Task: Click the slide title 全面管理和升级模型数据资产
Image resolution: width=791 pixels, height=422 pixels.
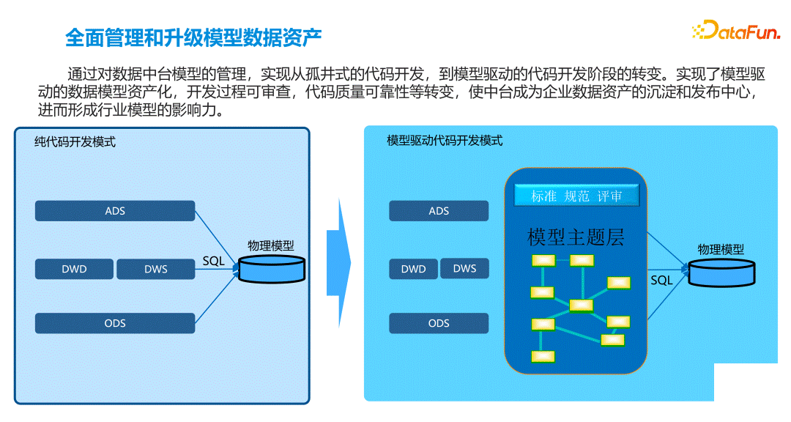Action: (x=193, y=37)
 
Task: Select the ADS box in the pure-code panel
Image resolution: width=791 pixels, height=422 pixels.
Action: (x=115, y=211)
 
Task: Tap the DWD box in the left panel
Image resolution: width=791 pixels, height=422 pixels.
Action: (x=74, y=269)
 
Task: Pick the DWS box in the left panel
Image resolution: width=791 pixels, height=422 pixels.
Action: (x=156, y=269)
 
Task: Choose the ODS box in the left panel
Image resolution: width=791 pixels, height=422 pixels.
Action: (x=115, y=323)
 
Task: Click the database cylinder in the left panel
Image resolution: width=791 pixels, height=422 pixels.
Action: (x=272, y=269)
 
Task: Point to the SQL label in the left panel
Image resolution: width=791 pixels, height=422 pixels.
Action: (x=213, y=261)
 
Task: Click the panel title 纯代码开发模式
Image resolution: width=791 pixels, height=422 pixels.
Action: (x=75, y=142)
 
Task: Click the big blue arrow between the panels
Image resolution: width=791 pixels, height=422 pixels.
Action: (x=338, y=262)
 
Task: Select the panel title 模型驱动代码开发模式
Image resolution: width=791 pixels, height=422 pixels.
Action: (x=445, y=141)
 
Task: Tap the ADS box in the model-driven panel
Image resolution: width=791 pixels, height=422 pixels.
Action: (x=439, y=211)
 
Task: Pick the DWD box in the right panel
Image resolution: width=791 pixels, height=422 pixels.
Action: (x=414, y=269)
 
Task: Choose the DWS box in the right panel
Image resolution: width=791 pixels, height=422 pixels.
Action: (x=464, y=269)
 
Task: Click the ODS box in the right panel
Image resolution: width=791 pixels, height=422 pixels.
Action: (x=439, y=323)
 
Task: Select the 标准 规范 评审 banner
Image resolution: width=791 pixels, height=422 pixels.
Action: (x=576, y=196)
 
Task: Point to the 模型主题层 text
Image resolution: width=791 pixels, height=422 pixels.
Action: (x=576, y=237)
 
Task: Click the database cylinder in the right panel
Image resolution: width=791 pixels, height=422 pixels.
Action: (x=722, y=273)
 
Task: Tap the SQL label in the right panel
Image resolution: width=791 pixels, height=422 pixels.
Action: (x=661, y=280)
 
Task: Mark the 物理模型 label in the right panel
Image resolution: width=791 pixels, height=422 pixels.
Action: (x=721, y=249)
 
